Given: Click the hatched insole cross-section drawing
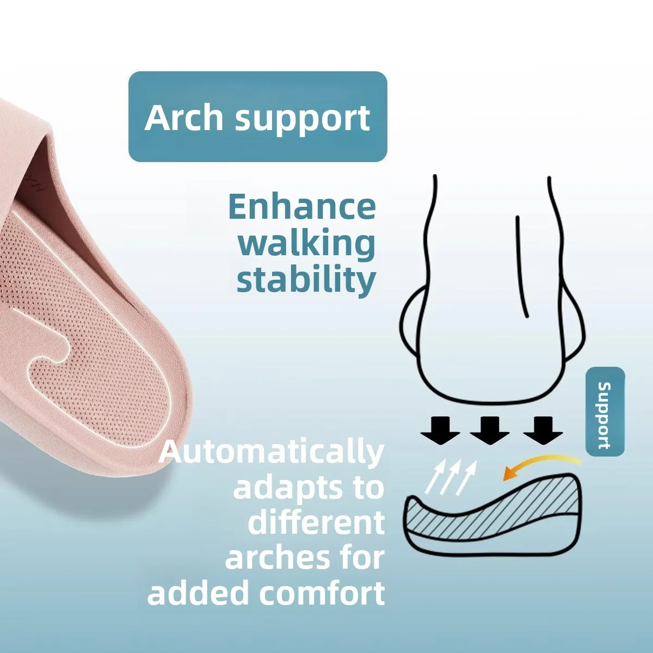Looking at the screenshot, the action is tap(494, 515).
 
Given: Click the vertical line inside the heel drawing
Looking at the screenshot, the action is tap(521, 266).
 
